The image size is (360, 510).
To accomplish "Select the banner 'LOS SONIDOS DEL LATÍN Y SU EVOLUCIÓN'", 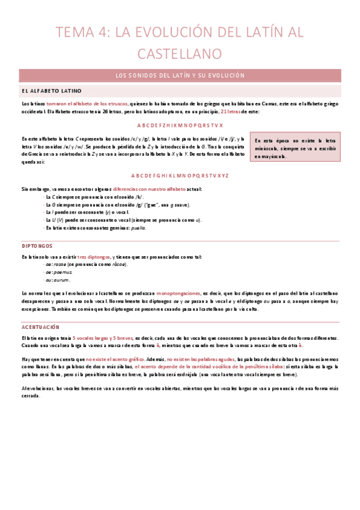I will point(180,76).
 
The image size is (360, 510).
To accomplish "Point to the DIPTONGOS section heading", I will point(37,246).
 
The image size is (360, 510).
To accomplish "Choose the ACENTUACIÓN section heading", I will point(40,327).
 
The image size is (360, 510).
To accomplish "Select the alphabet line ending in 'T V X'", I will point(180,125).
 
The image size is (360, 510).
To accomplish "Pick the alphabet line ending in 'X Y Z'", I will point(180,175).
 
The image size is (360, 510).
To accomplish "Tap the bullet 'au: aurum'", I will point(57,280).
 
